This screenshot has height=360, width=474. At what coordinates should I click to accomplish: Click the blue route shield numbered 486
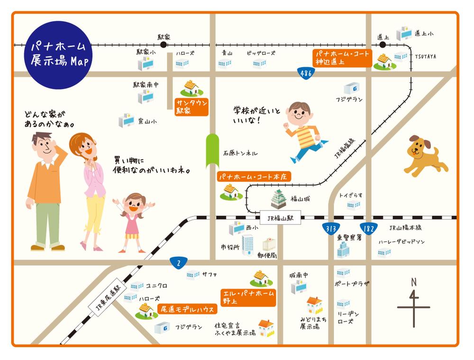306,73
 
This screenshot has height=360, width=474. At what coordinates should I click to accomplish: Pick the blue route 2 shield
179,262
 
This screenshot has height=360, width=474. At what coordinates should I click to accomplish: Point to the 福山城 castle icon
278,199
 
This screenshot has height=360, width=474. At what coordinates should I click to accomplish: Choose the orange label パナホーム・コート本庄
254,177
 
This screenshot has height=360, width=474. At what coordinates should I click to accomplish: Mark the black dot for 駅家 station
164,45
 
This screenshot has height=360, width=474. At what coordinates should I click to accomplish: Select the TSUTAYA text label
425,56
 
